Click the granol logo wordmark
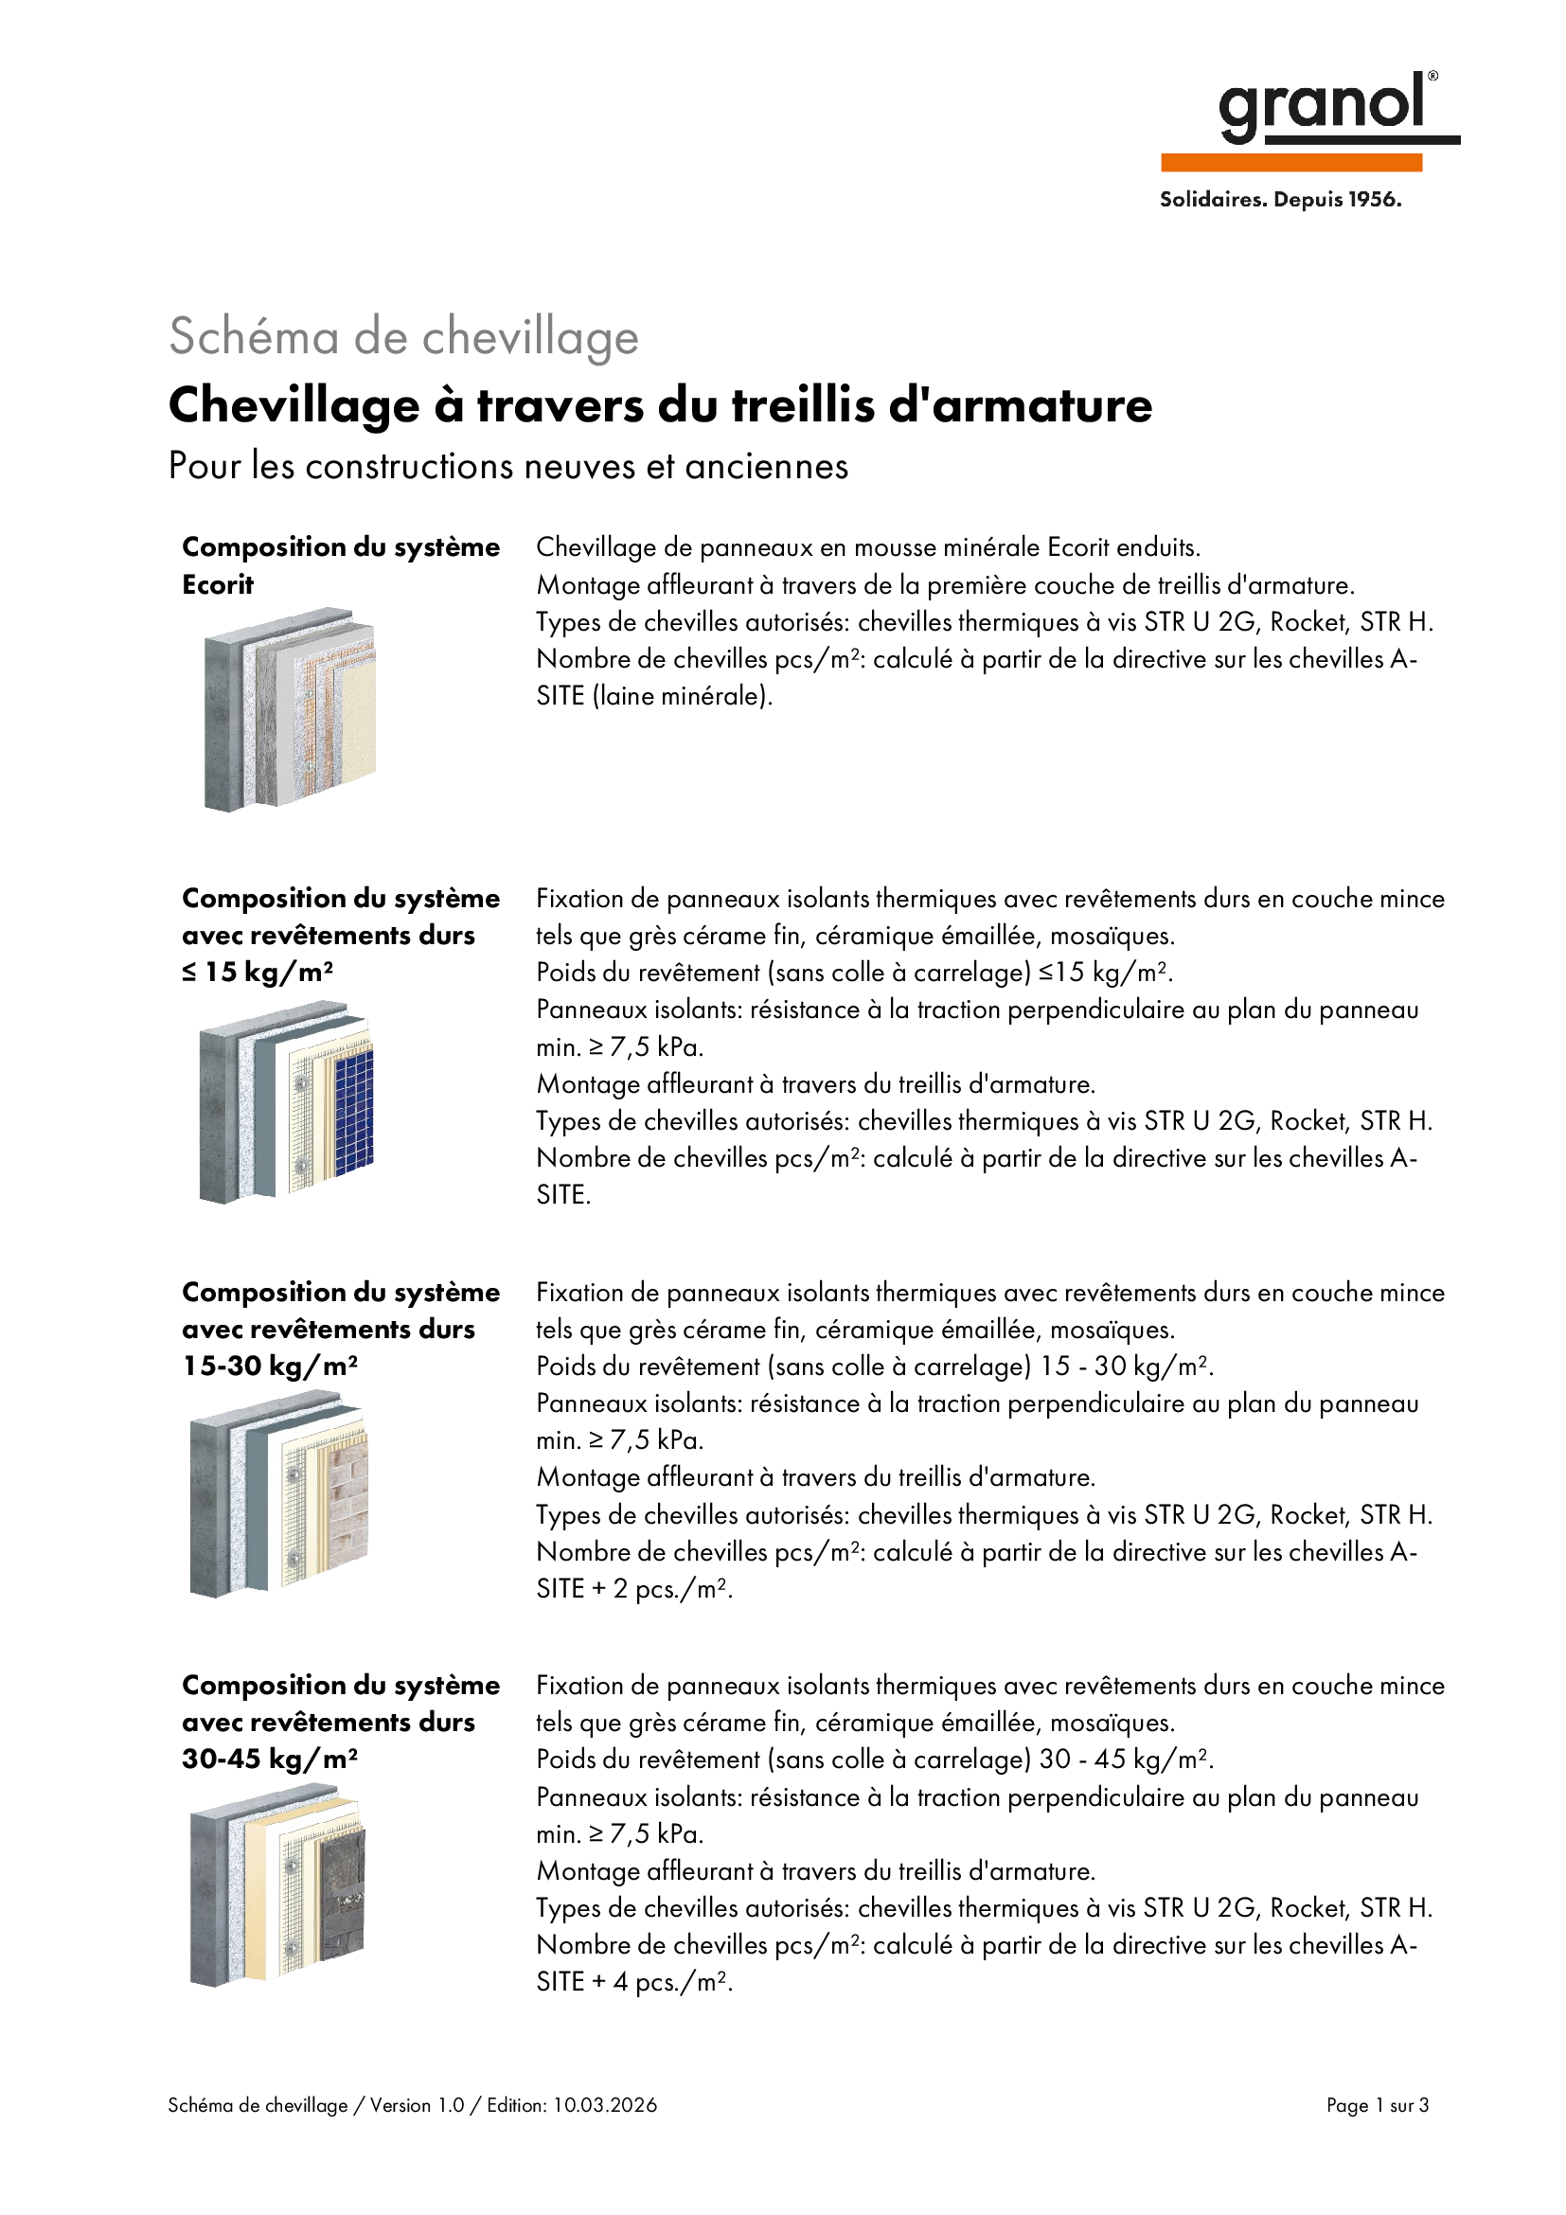pyautogui.click(x=1322, y=106)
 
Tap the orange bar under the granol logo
pyautogui.click(x=1291, y=163)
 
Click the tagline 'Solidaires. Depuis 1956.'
pyautogui.click(x=1281, y=200)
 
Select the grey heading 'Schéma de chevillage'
pyautogui.click(x=404, y=338)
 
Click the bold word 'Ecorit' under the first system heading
pyautogui.click(x=218, y=584)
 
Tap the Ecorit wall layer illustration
pyautogui.click(x=290, y=709)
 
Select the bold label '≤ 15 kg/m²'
pyautogui.click(x=258, y=973)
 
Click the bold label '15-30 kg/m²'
pyautogui.click(x=270, y=1367)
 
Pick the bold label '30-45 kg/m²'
pyautogui.click(x=270, y=1759)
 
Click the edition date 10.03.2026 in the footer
pyautogui.click(x=605, y=2105)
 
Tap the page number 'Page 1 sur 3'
pyautogui.click(x=1377, y=2105)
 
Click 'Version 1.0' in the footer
pyautogui.click(x=418, y=2105)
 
